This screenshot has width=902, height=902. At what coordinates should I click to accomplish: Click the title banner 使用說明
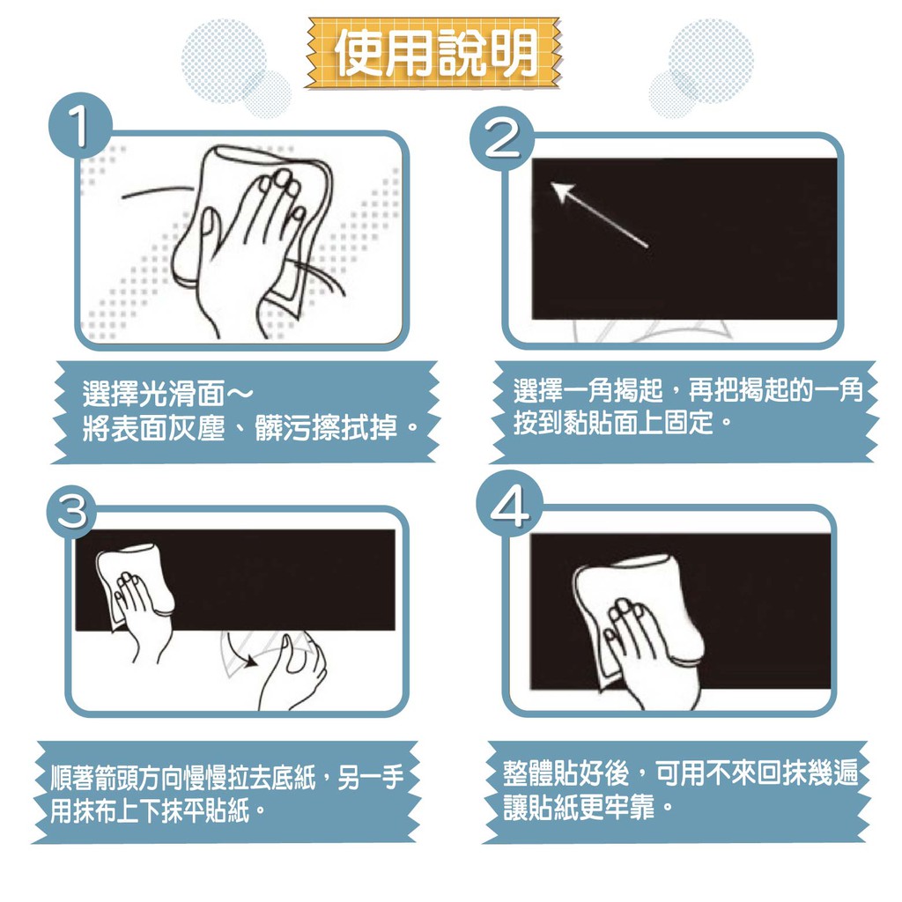pos(433,53)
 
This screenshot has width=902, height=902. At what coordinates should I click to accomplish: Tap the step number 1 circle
pos(80,126)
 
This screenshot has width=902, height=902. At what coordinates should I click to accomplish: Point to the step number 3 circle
pos(71,510)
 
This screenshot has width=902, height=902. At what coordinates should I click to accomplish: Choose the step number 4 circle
pos(509,504)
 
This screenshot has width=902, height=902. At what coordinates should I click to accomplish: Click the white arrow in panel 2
pos(599,215)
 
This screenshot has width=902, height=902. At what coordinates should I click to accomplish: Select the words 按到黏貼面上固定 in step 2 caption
pos(613,422)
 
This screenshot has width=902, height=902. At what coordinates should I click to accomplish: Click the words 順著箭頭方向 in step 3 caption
pos(115,779)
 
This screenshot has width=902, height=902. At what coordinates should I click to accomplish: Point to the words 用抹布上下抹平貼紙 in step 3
pos(150,811)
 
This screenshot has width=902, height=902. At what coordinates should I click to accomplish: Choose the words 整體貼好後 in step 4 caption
pos(566,773)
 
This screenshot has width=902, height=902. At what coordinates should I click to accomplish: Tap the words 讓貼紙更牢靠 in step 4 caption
pos(579,806)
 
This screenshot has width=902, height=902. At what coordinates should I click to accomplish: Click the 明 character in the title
pos(512,53)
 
